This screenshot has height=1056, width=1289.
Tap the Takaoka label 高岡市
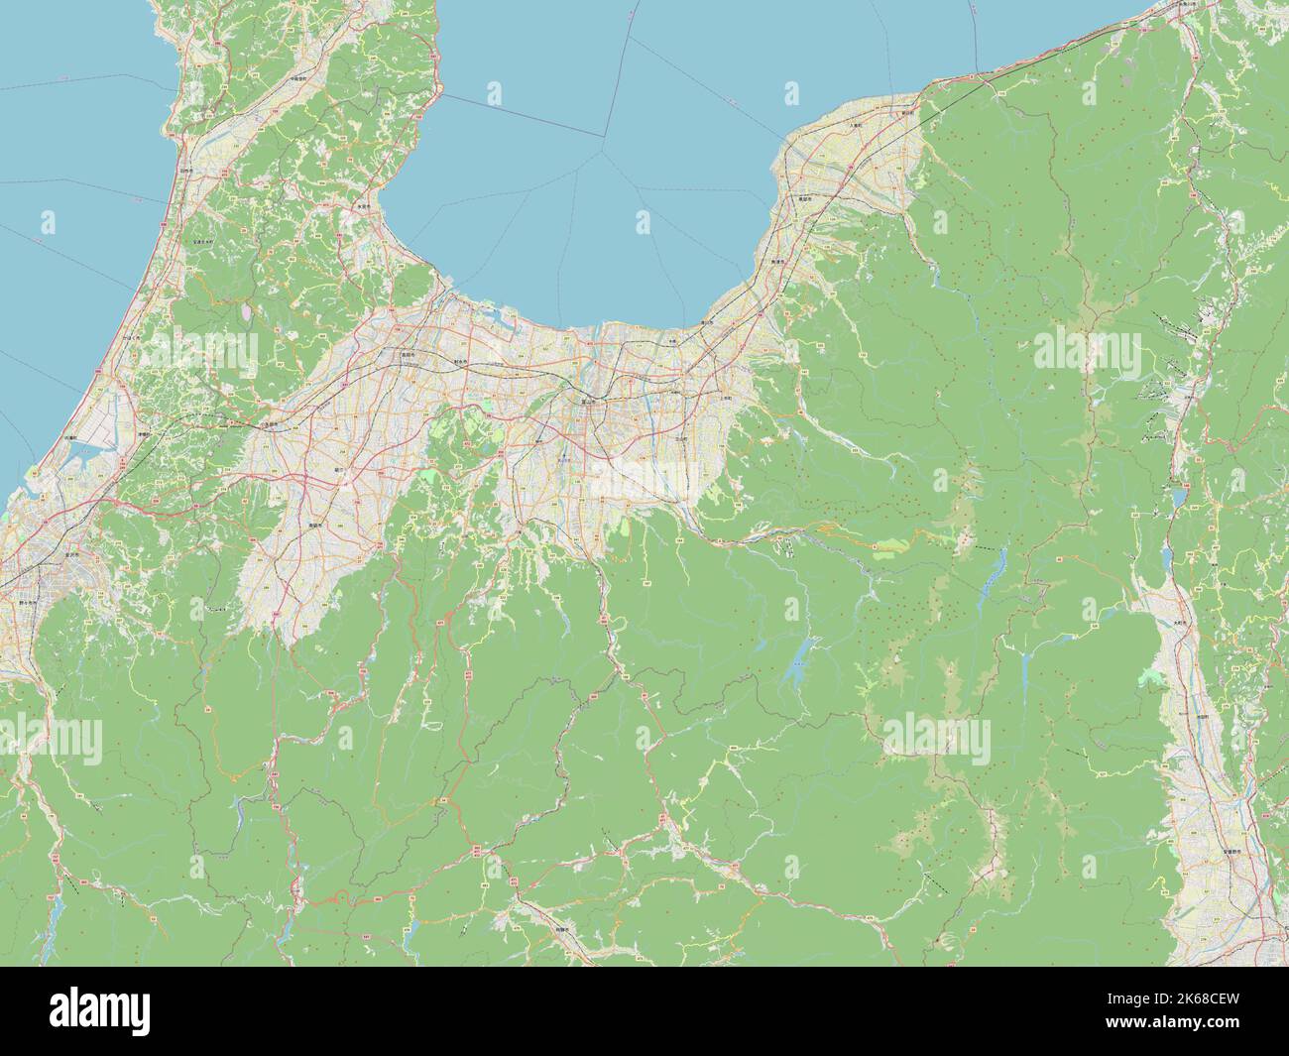tap(408, 355)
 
